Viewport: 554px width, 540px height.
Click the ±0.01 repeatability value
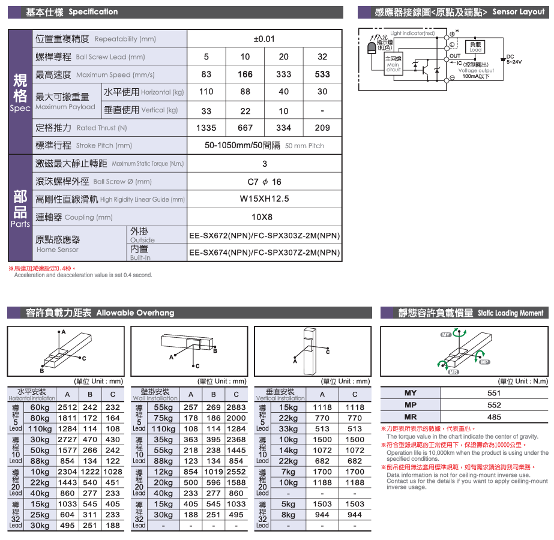264,39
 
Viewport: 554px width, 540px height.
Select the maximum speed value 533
322,74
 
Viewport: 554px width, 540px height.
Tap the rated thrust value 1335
206,128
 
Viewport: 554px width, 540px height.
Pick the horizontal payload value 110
206,92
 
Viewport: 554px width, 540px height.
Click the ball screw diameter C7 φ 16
264,182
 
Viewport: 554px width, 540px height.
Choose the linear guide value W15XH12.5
264,199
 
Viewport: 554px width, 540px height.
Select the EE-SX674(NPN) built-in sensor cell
264,253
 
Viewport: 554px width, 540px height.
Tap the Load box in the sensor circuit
475,46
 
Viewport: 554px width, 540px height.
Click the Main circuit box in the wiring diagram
393,63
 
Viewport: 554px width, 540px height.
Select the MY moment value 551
494,393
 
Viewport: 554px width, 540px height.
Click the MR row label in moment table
411,417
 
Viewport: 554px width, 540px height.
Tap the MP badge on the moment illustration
485,362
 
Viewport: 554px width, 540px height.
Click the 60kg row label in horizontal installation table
40,407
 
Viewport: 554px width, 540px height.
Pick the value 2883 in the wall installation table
236,407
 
